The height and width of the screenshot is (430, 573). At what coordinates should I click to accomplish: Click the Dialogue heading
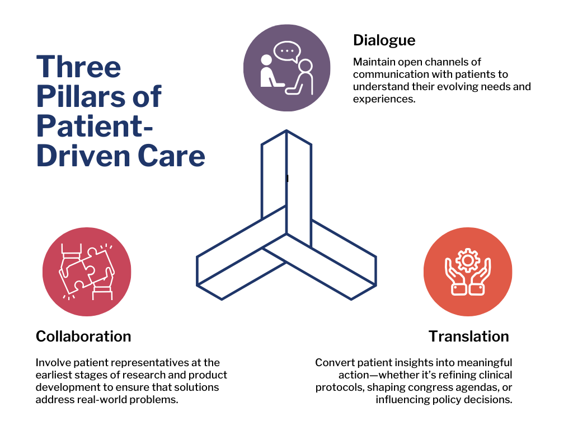[x=384, y=41]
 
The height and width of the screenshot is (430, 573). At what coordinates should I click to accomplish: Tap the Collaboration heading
[x=83, y=336]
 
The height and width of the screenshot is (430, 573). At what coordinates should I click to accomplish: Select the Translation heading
[x=469, y=336]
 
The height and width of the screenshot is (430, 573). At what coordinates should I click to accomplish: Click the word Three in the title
[x=78, y=67]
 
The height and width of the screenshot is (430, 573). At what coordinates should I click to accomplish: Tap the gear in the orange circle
[x=467, y=260]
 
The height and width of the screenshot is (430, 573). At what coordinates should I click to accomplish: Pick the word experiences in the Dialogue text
[x=384, y=99]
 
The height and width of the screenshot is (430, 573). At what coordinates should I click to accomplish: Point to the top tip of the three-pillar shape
[x=286, y=130]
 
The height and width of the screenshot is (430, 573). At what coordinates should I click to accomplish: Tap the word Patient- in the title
[x=95, y=127]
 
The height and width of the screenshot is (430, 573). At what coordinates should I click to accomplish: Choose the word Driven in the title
[x=84, y=156]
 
